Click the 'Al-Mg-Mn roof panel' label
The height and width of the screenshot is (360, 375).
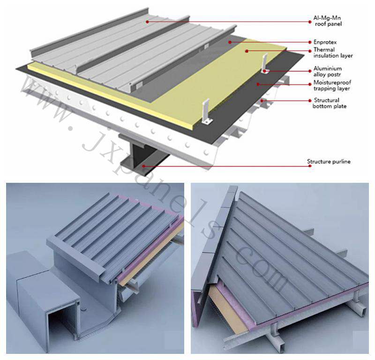(x=328, y=21)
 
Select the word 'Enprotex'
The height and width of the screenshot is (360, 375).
(x=325, y=42)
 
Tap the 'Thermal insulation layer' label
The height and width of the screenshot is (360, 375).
(x=333, y=52)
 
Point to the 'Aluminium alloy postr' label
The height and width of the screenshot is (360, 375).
(x=327, y=71)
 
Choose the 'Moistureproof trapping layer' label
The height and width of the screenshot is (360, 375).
(x=332, y=85)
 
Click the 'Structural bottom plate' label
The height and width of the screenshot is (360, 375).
(x=330, y=103)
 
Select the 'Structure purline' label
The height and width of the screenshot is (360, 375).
(x=329, y=161)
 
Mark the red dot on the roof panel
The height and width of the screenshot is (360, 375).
(x=148, y=22)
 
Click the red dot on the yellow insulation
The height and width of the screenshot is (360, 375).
(x=247, y=51)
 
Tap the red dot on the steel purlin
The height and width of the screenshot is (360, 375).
(x=143, y=166)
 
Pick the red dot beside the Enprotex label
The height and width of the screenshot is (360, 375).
(x=310, y=42)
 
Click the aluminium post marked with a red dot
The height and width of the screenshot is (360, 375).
(x=265, y=64)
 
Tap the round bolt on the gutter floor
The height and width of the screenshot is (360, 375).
(x=83, y=308)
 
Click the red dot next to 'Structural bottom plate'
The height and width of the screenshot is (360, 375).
(x=310, y=101)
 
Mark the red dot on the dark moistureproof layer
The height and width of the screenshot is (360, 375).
(x=258, y=84)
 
